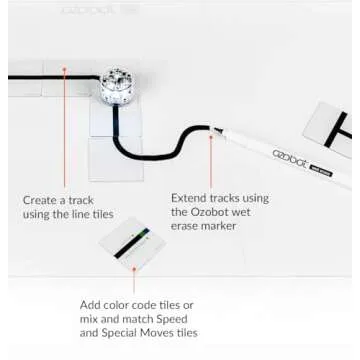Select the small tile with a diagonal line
point(130,243)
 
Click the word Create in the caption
point(43,200)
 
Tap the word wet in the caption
point(247,212)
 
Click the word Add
point(93,305)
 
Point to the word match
point(124,319)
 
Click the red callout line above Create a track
point(65,130)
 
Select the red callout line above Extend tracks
point(211,160)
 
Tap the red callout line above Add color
point(133,279)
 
